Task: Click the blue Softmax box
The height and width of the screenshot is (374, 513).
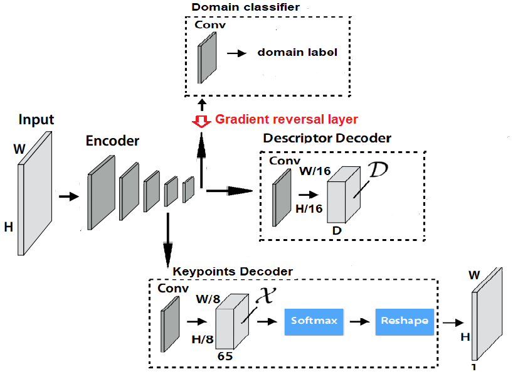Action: (x=314, y=321)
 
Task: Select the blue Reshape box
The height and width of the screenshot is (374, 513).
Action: (x=405, y=321)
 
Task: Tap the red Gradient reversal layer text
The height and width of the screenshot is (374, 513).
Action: (x=287, y=119)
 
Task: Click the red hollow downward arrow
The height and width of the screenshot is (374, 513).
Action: (x=201, y=121)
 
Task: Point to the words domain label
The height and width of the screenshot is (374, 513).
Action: (x=297, y=53)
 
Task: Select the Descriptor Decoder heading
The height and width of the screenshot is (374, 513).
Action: (x=327, y=138)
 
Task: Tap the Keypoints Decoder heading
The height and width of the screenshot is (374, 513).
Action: (x=233, y=272)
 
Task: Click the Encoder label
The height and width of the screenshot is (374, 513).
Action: (x=112, y=141)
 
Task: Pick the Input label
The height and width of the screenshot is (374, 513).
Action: (x=36, y=120)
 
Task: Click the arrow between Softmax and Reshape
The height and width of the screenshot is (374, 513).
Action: (x=359, y=321)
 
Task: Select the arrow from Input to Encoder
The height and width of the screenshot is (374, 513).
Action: (x=68, y=197)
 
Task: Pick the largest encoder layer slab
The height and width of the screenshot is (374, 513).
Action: (x=101, y=191)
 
